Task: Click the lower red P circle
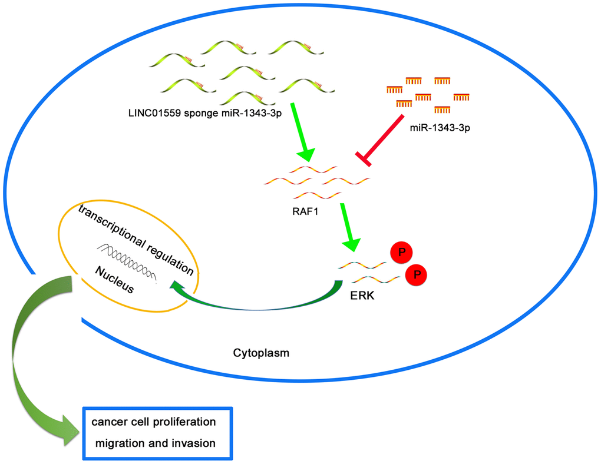(416, 274)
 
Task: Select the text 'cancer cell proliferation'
(153, 422)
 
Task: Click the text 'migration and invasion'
(153, 443)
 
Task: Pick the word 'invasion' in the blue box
(194, 443)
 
